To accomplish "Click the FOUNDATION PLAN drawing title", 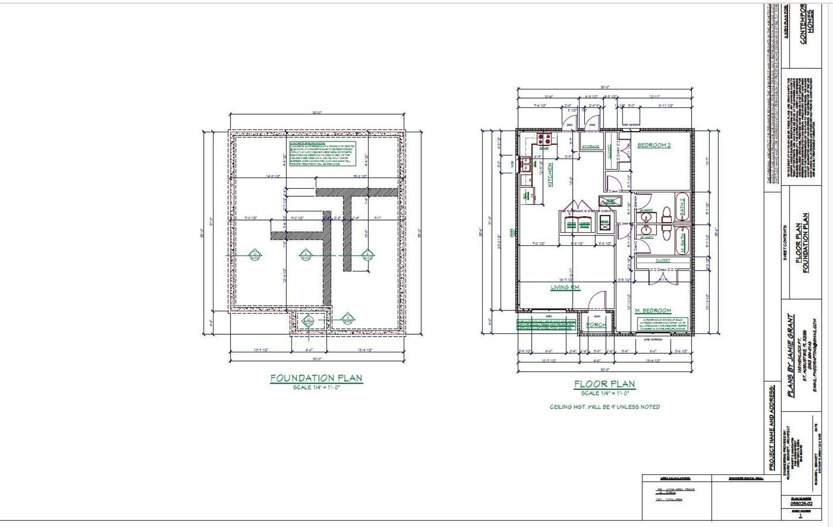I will coord(316,378).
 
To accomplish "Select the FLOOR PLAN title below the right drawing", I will coord(604,384).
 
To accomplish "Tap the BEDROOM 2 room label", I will coord(654,145).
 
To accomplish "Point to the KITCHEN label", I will coord(550,175).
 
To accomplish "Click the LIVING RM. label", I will coord(565,287).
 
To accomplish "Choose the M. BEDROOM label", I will coord(653,310).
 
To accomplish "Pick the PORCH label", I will coord(596,324).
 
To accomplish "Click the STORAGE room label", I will coord(590,146).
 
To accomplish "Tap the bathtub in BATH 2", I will coord(681,207).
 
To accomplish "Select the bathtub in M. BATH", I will coord(682,240).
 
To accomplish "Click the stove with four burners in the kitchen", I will coord(544,139).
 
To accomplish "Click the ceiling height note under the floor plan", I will coord(604,406).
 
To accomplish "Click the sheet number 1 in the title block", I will coord(800,515).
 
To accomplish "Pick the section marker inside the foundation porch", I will coord(309,321).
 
